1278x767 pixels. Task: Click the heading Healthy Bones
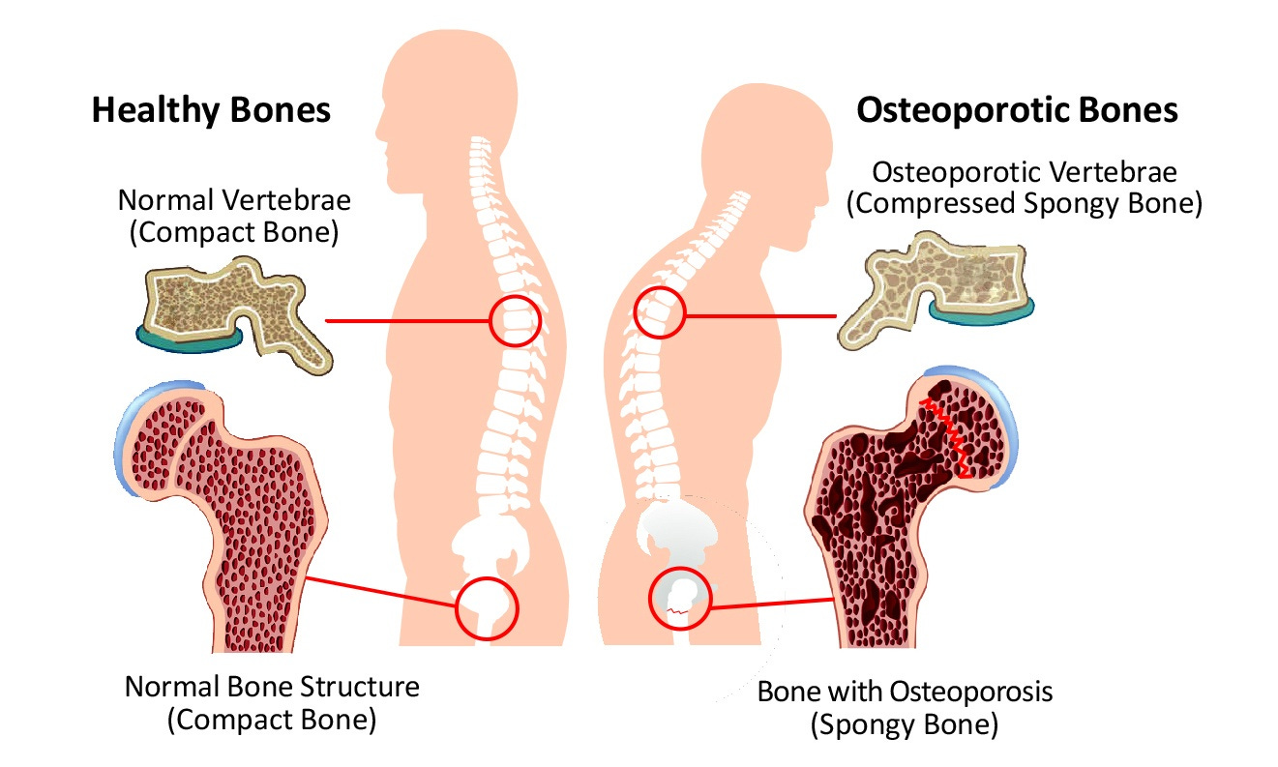click(x=211, y=110)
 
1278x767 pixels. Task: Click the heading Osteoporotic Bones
click(x=1017, y=110)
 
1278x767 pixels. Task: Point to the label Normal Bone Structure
click(x=272, y=688)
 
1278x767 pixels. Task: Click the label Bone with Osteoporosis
click(x=904, y=693)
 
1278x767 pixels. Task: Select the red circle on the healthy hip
click(x=487, y=607)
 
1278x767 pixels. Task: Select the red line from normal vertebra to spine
click(x=406, y=320)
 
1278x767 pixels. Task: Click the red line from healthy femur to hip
click(x=382, y=591)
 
